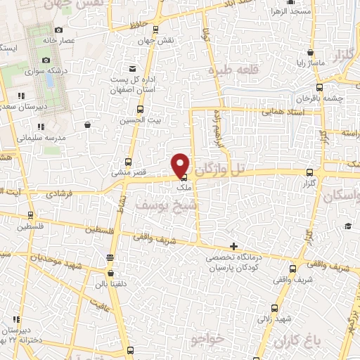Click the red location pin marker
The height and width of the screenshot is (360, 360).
181,164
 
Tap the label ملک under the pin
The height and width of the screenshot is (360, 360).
184,187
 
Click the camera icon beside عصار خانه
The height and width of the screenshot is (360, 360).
58,30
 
